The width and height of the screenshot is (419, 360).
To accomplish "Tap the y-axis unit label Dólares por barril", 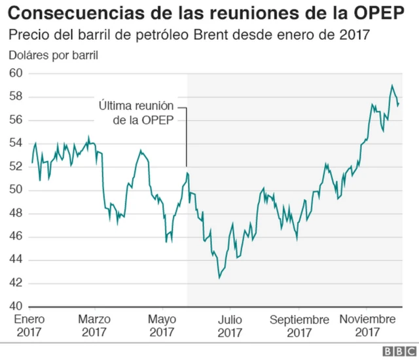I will pos(53,54).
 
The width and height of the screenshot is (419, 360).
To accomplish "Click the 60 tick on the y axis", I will pos(16,73).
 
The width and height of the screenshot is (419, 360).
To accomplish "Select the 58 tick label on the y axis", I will pos(16,97).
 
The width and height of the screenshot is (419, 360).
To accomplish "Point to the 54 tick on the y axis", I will pos(16,143).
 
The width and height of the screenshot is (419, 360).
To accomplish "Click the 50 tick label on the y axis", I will pos(16,190).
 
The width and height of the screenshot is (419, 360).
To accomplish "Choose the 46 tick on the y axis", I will pos(16,236).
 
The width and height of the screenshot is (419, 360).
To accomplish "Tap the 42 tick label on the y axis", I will pos(16,283).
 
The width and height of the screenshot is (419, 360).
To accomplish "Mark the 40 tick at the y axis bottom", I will pos(16,306).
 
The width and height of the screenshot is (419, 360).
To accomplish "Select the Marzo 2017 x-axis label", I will pos(95,325).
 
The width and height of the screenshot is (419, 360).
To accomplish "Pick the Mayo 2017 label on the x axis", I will pos(162,325).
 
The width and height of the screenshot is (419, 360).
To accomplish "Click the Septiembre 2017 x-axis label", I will pos(299,325).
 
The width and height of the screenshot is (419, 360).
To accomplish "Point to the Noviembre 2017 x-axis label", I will pos(368,325).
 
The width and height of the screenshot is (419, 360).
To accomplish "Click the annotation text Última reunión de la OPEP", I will pos(137,112).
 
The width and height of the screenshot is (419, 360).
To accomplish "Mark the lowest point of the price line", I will pos(219,278).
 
